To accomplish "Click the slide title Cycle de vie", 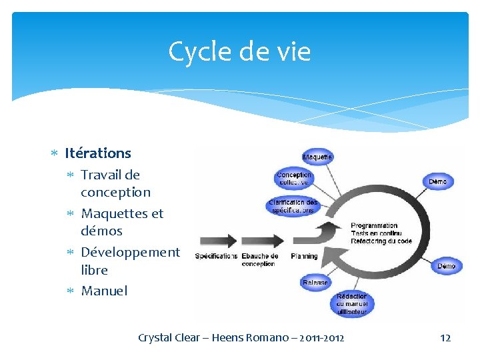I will coord(239,51).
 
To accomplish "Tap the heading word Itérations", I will coord(98,153).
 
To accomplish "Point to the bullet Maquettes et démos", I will coord(121,222).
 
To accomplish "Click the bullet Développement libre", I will coord(130,261).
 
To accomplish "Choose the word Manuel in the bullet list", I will coord(104,291).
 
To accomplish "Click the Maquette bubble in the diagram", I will coord(318,157).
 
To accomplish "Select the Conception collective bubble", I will coord(294,179).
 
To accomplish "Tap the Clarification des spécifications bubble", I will coord(293,206).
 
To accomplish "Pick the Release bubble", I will coord(315,283).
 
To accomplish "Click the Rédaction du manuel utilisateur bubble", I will coord(351,304).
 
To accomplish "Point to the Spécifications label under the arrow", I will coord(216,256).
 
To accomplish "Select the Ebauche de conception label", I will coord(259,259).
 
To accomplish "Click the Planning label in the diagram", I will coord(304,256).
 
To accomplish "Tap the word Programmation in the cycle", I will coord(374,225).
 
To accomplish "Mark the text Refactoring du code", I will coord(381,241).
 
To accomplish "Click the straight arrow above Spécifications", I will coord(217,240).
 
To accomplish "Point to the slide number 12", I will coord(445,338).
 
